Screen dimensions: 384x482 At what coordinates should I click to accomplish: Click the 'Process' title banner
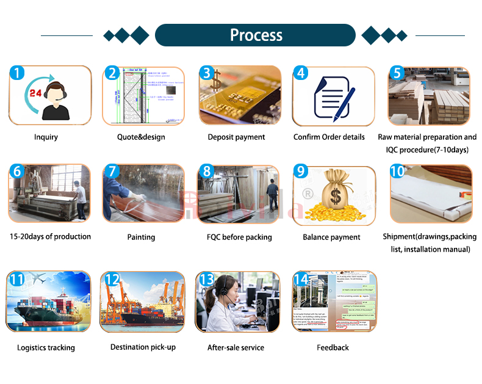point(256,35)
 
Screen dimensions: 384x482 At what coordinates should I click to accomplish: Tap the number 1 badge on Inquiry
point(18,73)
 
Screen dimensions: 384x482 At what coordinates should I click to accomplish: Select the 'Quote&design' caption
point(141,137)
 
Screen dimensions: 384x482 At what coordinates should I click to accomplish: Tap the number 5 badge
point(397,73)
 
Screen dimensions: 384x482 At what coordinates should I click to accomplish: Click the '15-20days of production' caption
point(50,236)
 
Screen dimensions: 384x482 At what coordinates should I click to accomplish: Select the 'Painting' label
point(141,237)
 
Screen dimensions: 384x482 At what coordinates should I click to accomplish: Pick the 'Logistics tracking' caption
point(46,347)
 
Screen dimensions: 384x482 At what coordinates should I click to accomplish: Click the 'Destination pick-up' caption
point(143,347)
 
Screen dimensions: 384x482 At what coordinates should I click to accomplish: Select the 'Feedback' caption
point(333,347)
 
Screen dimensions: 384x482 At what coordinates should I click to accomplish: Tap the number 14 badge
point(301,279)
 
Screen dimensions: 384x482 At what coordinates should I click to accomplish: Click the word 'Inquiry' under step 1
point(46,137)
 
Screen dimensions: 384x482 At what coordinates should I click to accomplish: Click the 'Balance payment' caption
point(331,237)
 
